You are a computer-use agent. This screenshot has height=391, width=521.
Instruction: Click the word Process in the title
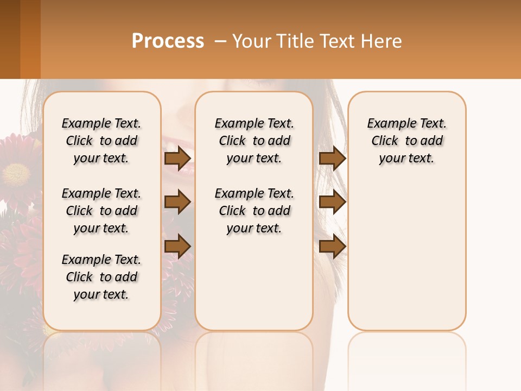coord(168,41)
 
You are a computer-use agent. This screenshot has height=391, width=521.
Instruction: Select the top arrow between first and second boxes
coord(177,159)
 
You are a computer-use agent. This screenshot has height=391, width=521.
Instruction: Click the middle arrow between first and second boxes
coord(177,202)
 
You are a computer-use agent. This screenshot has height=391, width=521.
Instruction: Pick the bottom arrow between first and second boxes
coord(177,245)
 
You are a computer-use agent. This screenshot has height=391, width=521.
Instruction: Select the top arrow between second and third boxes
coord(332,159)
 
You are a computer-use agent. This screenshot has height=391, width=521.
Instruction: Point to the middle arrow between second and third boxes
coord(332,202)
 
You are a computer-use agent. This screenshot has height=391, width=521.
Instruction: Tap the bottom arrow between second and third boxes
coord(332,245)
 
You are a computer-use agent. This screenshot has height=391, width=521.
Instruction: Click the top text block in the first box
coord(101,141)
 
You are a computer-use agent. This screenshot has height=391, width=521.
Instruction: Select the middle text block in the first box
coord(101,211)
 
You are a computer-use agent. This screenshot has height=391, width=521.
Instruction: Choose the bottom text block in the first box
coord(101,277)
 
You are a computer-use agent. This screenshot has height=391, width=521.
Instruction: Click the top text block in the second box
coord(254,141)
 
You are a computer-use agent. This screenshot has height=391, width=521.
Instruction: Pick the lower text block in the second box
coord(254,211)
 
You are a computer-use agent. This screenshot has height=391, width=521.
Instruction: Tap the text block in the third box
coord(406,141)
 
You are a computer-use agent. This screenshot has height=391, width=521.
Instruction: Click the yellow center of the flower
coord(16,174)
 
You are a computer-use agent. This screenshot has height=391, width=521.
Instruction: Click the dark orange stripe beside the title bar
coord(30,39)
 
